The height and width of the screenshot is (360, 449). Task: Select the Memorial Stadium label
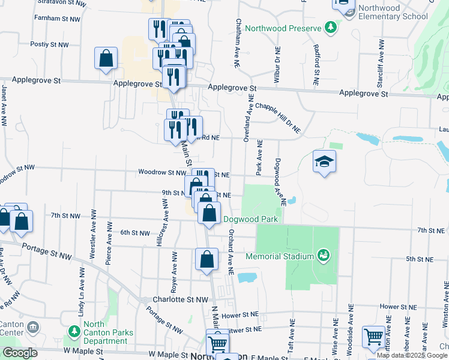click(x=280, y=256)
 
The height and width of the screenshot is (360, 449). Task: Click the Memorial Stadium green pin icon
click(x=324, y=256)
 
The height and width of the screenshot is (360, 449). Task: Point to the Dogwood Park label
click(x=250, y=219)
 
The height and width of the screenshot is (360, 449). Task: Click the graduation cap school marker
click(x=324, y=162)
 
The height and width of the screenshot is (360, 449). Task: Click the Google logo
click(x=20, y=353)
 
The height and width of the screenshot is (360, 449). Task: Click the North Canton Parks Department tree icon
click(x=74, y=331)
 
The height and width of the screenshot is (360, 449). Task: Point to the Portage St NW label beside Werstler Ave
click(x=46, y=251)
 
